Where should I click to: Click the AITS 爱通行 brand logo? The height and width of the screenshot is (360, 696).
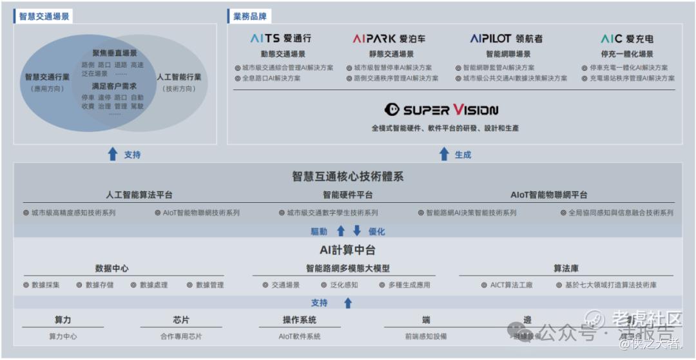(x=280, y=39)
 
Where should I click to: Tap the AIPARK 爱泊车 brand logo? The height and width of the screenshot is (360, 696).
(x=389, y=39)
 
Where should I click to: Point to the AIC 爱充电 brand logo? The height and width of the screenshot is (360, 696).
(x=626, y=39)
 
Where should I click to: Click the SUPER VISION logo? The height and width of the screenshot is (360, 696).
(x=441, y=109)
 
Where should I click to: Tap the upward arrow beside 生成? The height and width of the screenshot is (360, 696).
(x=444, y=154)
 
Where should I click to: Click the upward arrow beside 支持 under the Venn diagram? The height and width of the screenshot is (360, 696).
(x=113, y=154)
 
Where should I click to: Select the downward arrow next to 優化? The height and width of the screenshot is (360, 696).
(x=357, y=231)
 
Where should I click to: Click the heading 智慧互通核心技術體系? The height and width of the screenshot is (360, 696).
(x=347, y=176)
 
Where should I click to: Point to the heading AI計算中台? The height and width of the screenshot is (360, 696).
(x=347, y=250)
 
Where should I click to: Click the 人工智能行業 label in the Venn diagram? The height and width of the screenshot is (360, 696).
(x=179, y=77)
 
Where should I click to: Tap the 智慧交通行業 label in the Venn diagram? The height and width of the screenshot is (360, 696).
(x=47, y=77)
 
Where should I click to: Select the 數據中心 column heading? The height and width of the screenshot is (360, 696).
(x=112, y=269)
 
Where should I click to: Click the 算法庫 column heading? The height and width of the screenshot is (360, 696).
(x=566, y=269)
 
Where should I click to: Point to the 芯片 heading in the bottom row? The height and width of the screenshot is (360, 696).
(x=181, y=320)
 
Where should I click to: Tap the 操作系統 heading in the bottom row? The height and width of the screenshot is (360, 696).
(x=299, y=320)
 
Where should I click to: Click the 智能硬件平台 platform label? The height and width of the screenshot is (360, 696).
(x=347, y=194)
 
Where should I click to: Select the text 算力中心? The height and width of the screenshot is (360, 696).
(x=63, y=336)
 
